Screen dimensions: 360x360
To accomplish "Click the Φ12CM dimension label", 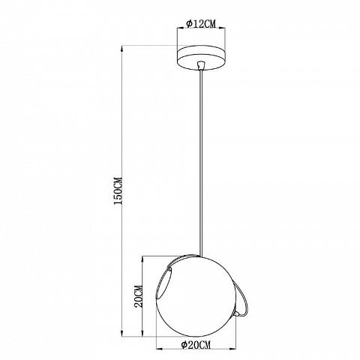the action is (x=201, y=24).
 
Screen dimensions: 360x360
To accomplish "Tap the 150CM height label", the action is (x=118, y=191).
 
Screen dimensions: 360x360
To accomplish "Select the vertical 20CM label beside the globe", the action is (x=138, y=296).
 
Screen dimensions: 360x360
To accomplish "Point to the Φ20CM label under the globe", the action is (x=196, y=345).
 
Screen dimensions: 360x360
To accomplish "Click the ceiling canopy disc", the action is (x=201, y=58).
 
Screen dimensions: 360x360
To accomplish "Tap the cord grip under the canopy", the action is (x=201, y=64).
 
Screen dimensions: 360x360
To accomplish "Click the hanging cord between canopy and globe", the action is (x=201, y=163).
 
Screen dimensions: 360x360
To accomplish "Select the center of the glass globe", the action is (x=196, y=296).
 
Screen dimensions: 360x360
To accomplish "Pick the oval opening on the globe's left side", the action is (x=165, y=283).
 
